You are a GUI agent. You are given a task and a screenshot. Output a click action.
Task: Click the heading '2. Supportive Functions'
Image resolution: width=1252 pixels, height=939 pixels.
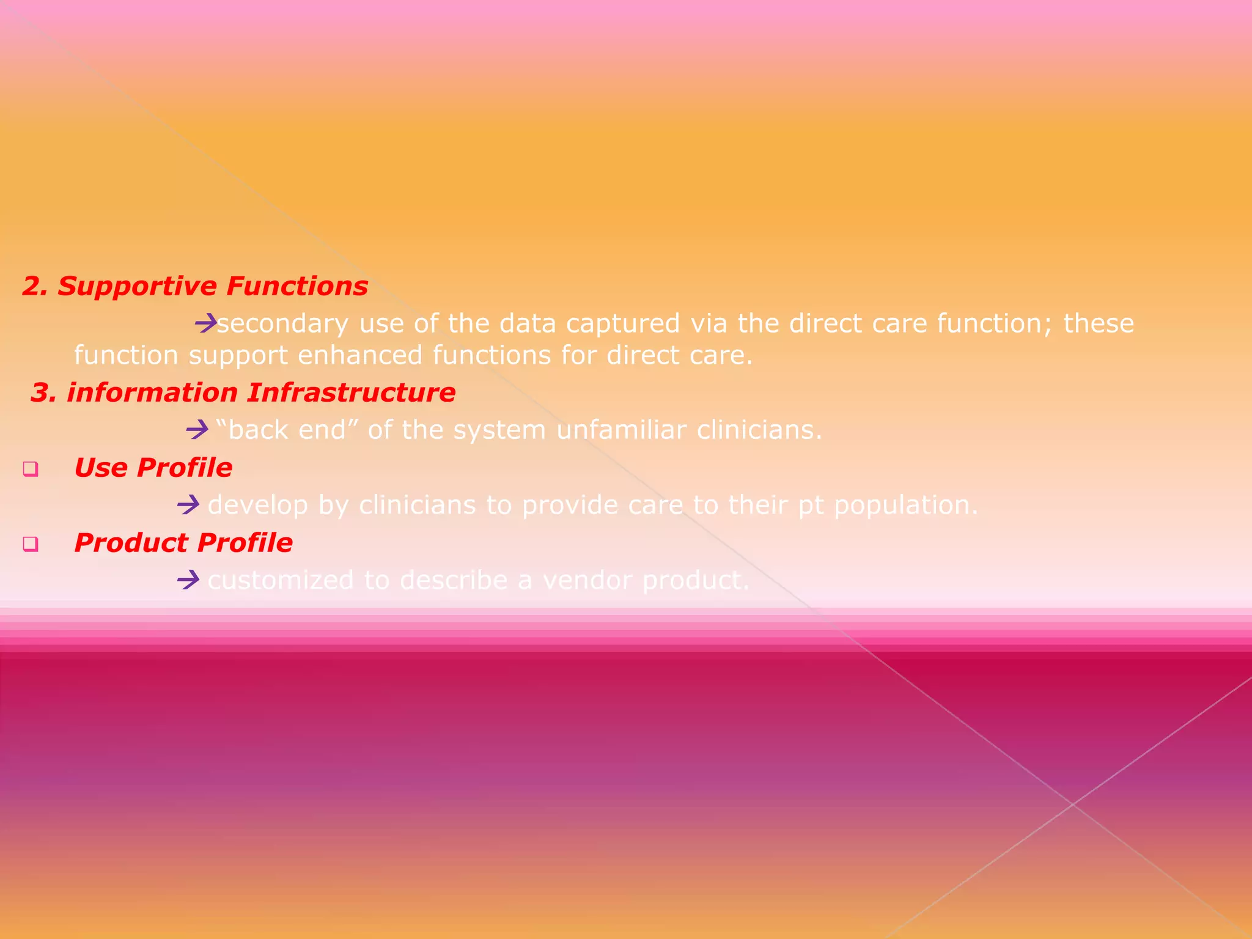coord(195,286)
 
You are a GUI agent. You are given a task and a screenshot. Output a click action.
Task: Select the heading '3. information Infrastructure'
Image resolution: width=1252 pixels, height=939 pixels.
coord(243,392)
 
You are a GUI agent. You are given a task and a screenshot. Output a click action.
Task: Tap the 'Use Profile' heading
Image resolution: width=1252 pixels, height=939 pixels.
coord(153,468)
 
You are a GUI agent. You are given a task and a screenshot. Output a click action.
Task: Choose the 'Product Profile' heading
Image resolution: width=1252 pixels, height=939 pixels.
coord(183,543)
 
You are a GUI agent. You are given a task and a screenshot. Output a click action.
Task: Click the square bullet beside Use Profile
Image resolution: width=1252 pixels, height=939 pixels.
coord(31,469)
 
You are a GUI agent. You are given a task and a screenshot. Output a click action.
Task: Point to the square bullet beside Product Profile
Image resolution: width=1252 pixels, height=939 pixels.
coord(31,544)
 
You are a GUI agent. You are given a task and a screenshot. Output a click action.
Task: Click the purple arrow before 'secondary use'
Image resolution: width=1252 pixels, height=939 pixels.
coord(206,322)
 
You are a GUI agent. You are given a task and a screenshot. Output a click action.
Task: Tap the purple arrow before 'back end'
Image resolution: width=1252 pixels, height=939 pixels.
coord(197,430)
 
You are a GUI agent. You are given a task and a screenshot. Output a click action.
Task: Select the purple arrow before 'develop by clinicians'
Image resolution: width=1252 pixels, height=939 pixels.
coord(188,505)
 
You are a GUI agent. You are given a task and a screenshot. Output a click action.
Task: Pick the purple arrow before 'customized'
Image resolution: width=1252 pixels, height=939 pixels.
coord(188,580)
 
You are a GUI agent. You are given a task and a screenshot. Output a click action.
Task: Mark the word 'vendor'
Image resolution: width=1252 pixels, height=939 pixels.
coord(587,580)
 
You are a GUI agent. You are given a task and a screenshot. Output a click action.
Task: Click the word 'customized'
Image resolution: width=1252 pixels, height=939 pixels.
coord(280,580)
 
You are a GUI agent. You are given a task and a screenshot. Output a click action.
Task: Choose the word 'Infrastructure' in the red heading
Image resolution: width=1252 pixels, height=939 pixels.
coord(351,392)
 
